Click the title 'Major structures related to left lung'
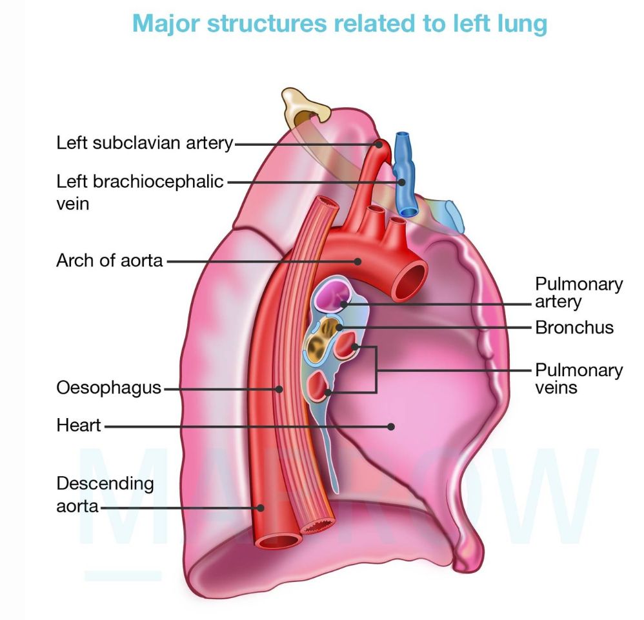pos(339,23)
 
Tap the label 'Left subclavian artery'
pos(144,143)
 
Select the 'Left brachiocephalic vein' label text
pos(139,192)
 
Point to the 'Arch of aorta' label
pos(110,261)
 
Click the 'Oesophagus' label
pos(108,388)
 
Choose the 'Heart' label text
pos(79,426)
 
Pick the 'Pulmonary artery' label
pos(578,292)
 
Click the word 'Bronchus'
pos(574,328)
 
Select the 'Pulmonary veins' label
pos(578,379)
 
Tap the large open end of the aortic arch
pos(408,279)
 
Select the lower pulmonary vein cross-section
pos(319,385)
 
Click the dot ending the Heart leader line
pos(390,426)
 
